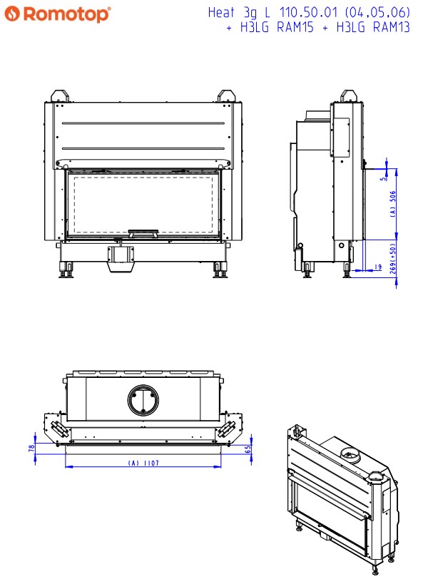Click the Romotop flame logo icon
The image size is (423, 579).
[x=12, y=14]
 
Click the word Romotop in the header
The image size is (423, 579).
[x=66, y=15]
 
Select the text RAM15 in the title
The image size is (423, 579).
[x=295, y=27]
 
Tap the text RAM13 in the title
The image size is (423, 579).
[x=391, y=27]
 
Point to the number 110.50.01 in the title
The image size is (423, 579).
[x=308, y=12]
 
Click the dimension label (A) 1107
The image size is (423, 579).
[x=143, y=463]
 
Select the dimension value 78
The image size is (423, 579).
[x=31, y=448]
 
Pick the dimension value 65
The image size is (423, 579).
[x=248, y=449]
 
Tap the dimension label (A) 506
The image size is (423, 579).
[x=393, y=204]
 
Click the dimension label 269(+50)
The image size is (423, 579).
[x=393, y=257]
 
